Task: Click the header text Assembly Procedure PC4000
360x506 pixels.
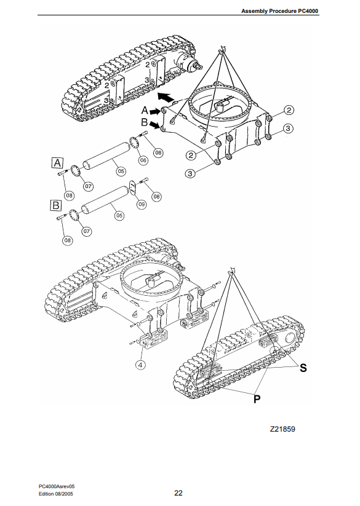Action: pyautogui.click(x=279, y=11)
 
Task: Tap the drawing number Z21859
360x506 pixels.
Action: pyautogui.click(x=282, y=429)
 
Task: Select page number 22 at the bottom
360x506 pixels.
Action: pyautogui.click(x=178, y=492)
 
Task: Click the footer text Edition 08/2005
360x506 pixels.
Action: pyautogui.click(x=56, y=494)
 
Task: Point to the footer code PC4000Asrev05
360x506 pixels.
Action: pyautogui.click(x=57, y=486)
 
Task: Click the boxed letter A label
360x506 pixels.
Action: pyautogui.click(x=57, y=163)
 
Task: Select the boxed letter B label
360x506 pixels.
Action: pyautogui.click(x=56, y=205)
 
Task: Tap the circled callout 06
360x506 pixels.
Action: pyautogui.click(x=143, y=160)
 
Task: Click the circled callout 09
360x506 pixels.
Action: pyautogui.click(x=142, y=204)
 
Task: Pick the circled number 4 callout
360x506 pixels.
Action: pyautogui.click(x=140, y=365)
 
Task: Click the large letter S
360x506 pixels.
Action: pyautogui.click(x=303, y=368)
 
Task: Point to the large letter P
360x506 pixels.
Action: pyautogui.click(x=257, y=399)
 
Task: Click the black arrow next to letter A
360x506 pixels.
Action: pyautogui.click(x=155, y=112)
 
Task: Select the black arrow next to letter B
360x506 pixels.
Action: pyautogui.click(x=154, y=125)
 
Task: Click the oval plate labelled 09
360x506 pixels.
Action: pyautogui.click(x=133, y=188)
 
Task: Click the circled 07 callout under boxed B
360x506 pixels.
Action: pyautogui.click(x=87, y=231)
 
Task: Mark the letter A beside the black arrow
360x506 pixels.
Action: pyautogui.click(x=145, y=111)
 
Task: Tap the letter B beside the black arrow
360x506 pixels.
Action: pyautogui.click(x=145, y=122)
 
